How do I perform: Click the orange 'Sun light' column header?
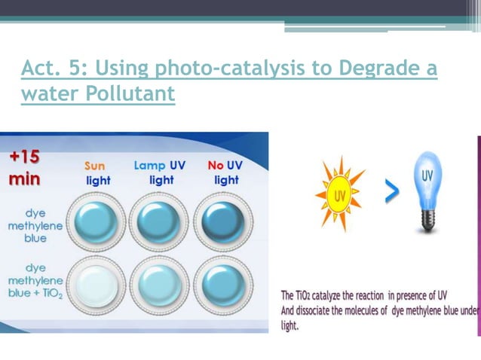click(97, 172)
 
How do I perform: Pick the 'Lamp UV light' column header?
click(159, 172)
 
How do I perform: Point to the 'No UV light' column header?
click(224, 172)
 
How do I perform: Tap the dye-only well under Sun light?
click(96, 222)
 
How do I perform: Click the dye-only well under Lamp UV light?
click(159, 222)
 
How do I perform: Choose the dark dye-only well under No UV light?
click(223, 222)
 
